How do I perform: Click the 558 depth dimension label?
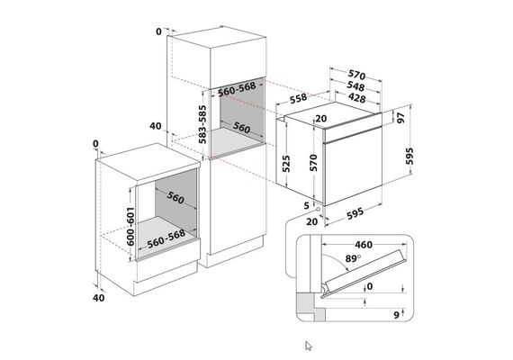click(x=299, y=98)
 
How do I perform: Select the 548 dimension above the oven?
click(x=355, y=86)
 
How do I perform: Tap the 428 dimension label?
click(x=357, y=97)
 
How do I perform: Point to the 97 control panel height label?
click(x=400, y=118)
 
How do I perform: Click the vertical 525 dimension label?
click(x=285, y=164)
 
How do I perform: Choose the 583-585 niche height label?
click(x=202, y=124)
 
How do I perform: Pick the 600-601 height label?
click(x=130, y=226)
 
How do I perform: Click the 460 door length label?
click(x=364, y=245)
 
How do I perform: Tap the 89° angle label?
click(x=353, y=258)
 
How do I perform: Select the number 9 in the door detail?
click(x=397, y=315)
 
